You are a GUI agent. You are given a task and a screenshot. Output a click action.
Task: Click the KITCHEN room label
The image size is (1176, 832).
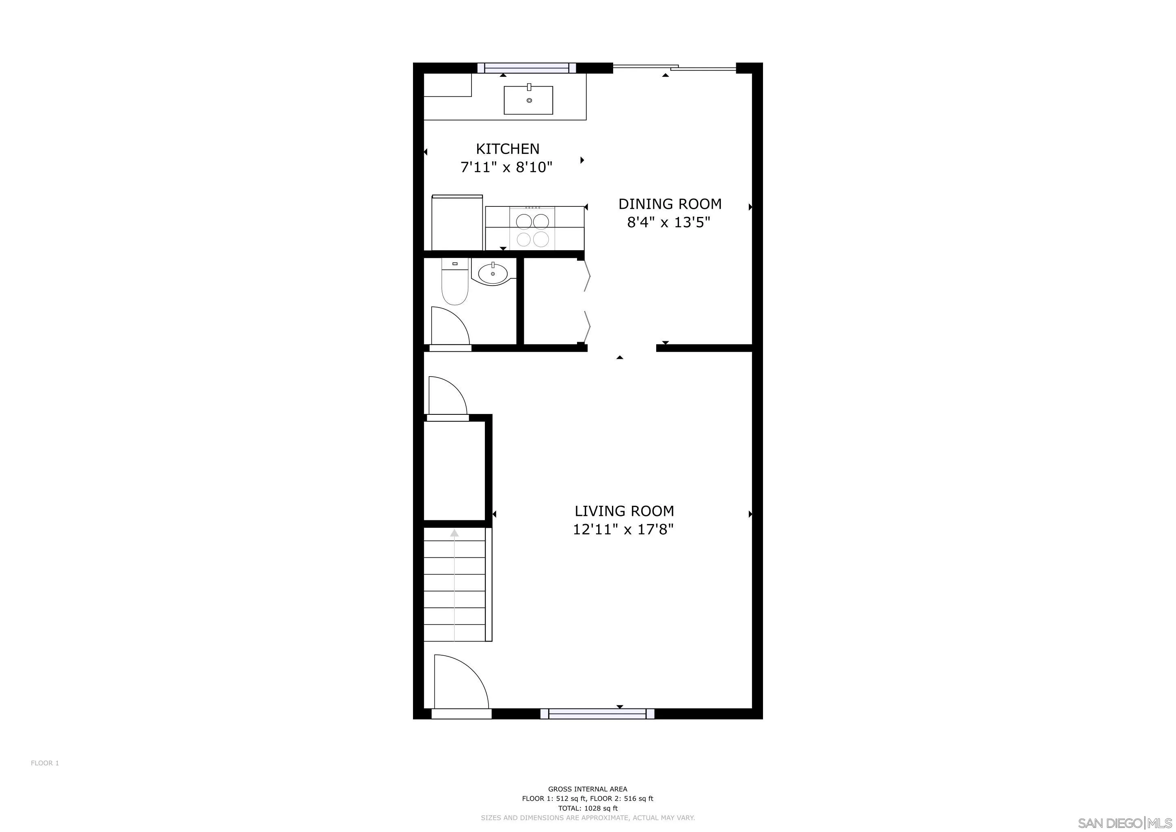coord(508,149)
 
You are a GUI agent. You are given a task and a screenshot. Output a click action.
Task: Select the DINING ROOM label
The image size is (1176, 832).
coord(670,204)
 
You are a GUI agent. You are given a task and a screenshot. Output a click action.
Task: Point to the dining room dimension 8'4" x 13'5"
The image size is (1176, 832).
coord(668,222)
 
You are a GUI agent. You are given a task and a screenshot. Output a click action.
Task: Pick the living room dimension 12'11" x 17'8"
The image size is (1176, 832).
coord(623,529)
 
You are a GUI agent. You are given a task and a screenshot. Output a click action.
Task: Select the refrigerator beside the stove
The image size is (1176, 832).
coord(457,223)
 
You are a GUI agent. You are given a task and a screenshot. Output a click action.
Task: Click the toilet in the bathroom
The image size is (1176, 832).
coord(455,285)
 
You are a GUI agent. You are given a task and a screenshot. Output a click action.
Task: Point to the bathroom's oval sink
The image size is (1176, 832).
coord(493,273)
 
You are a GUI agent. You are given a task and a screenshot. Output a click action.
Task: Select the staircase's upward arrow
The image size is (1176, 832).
coord(454,534)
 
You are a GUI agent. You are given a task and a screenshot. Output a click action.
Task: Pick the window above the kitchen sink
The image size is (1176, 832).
coord(527,67)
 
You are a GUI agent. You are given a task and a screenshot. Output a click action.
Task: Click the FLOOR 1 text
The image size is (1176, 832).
coord(45,763)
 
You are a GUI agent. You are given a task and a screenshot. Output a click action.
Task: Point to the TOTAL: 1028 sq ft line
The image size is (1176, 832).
coord(588,808)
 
